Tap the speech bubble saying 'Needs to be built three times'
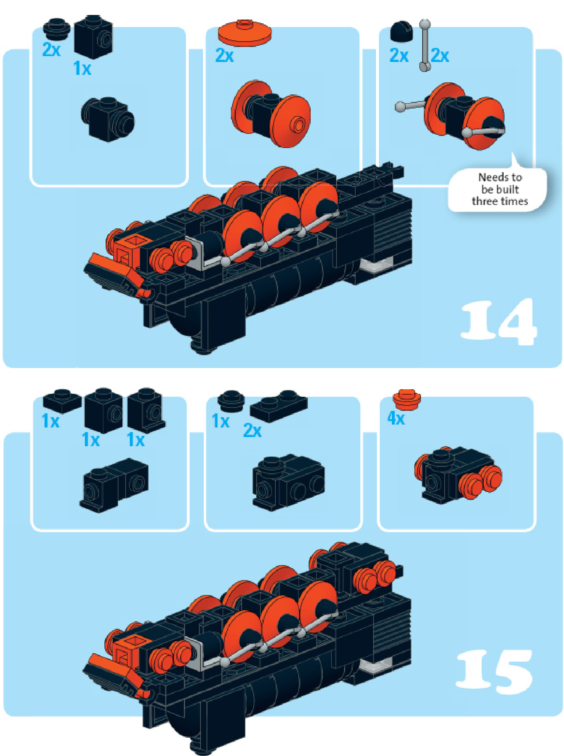499,190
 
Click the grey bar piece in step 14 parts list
425,45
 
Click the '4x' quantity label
396,418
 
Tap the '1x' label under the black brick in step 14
82,68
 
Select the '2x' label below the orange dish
225,55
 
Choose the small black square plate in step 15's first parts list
62,400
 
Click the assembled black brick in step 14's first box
108,119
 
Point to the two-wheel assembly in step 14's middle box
271,113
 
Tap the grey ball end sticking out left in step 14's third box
400,107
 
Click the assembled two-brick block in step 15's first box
114,485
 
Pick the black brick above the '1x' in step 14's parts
93,37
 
